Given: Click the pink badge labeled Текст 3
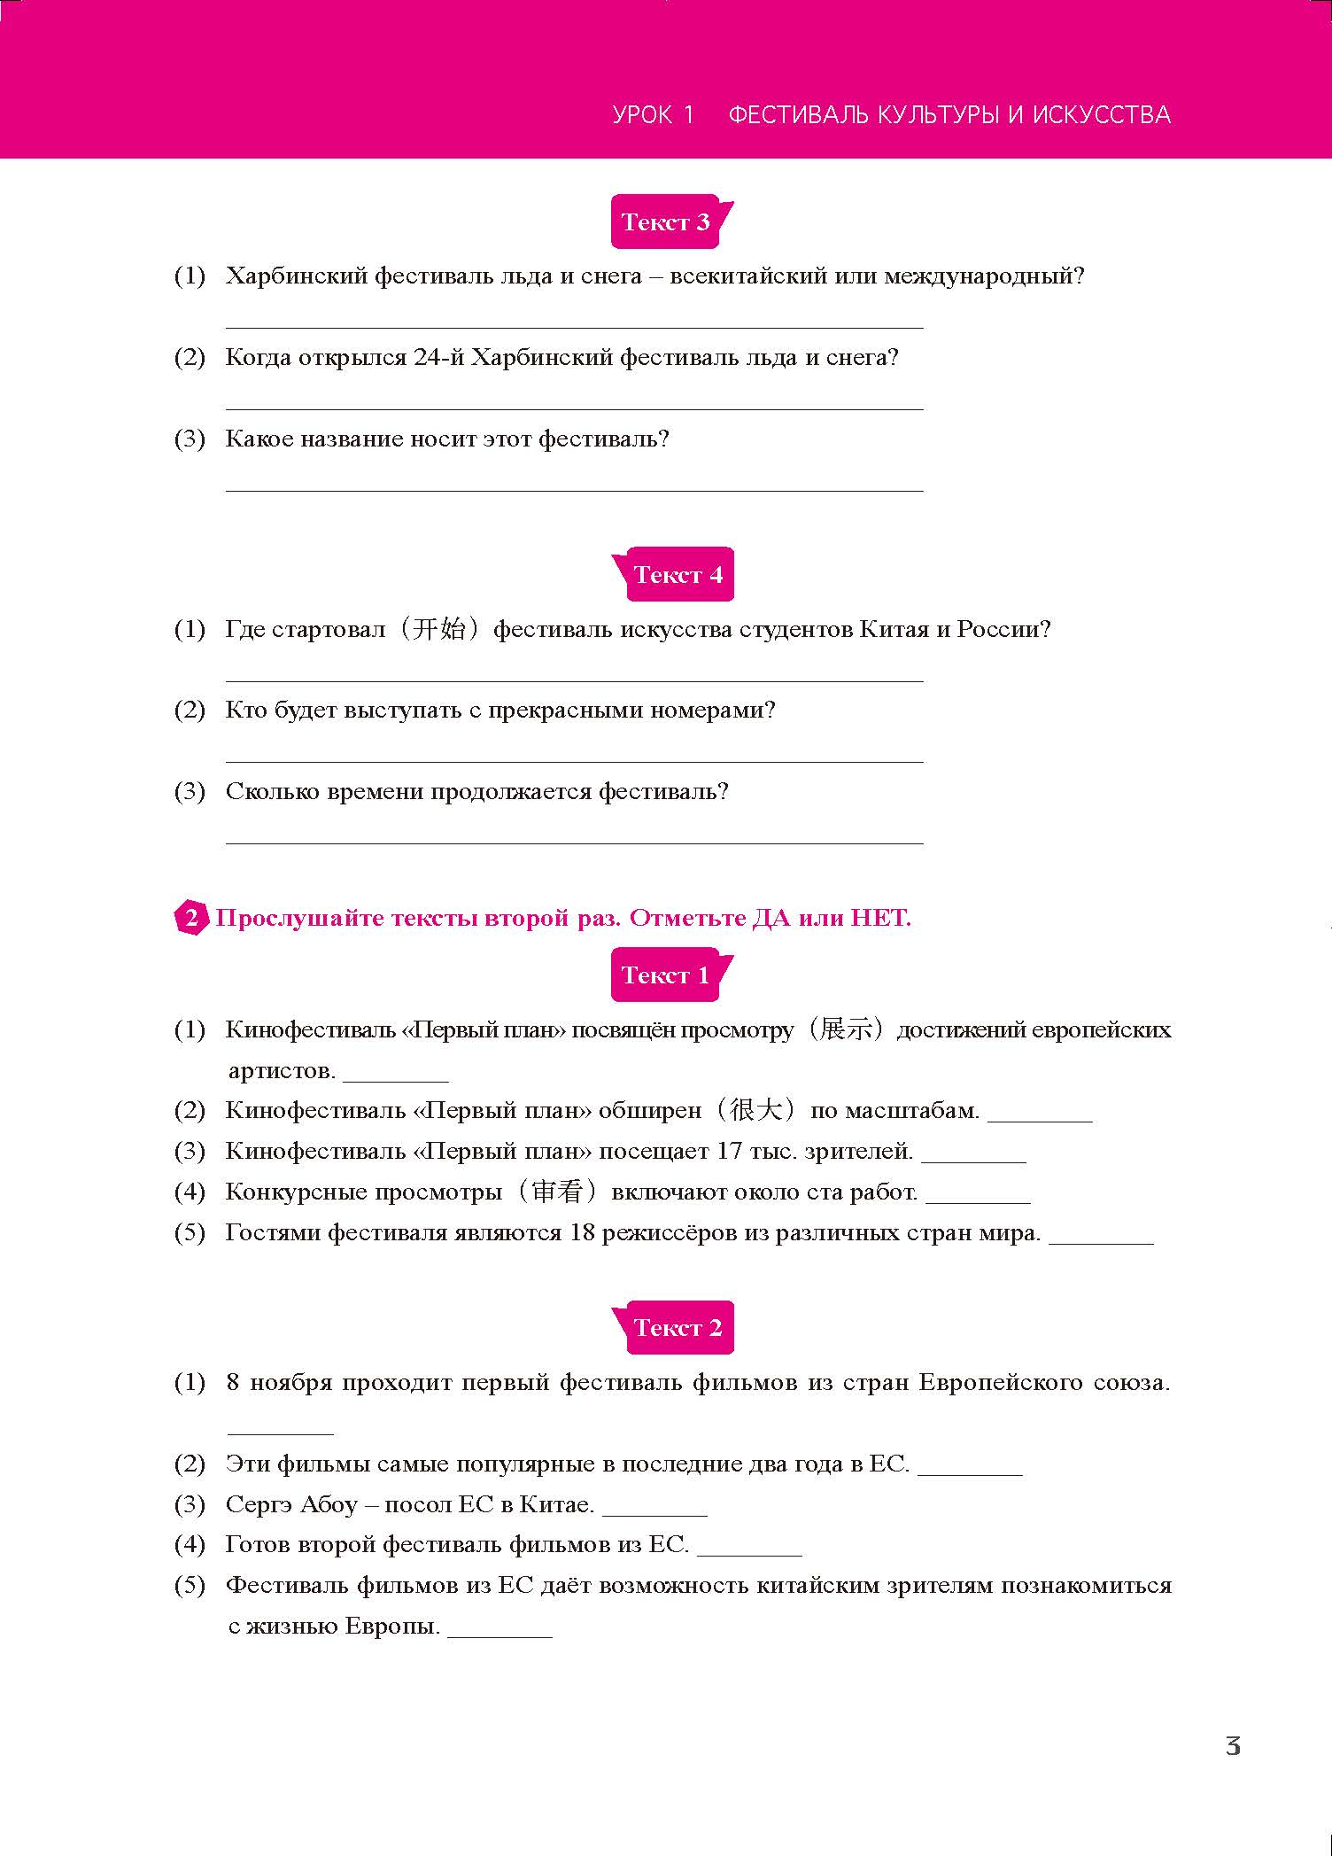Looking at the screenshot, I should [666, 221].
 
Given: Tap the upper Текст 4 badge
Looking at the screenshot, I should [678, 575].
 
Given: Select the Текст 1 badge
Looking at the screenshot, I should [666, 975].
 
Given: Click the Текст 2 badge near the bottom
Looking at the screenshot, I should [678, 1328].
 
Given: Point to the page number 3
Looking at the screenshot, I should [1232, 1746].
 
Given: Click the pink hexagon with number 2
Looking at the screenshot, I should [190, 918].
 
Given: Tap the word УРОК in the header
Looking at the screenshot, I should [642, 115].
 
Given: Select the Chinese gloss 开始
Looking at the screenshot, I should [440, 630].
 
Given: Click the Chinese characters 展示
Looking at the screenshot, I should [846, 1029].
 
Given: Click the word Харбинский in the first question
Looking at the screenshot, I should [296, 276].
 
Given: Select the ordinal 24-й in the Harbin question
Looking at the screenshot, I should [438, 358].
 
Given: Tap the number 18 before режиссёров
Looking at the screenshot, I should [582, 1232].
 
